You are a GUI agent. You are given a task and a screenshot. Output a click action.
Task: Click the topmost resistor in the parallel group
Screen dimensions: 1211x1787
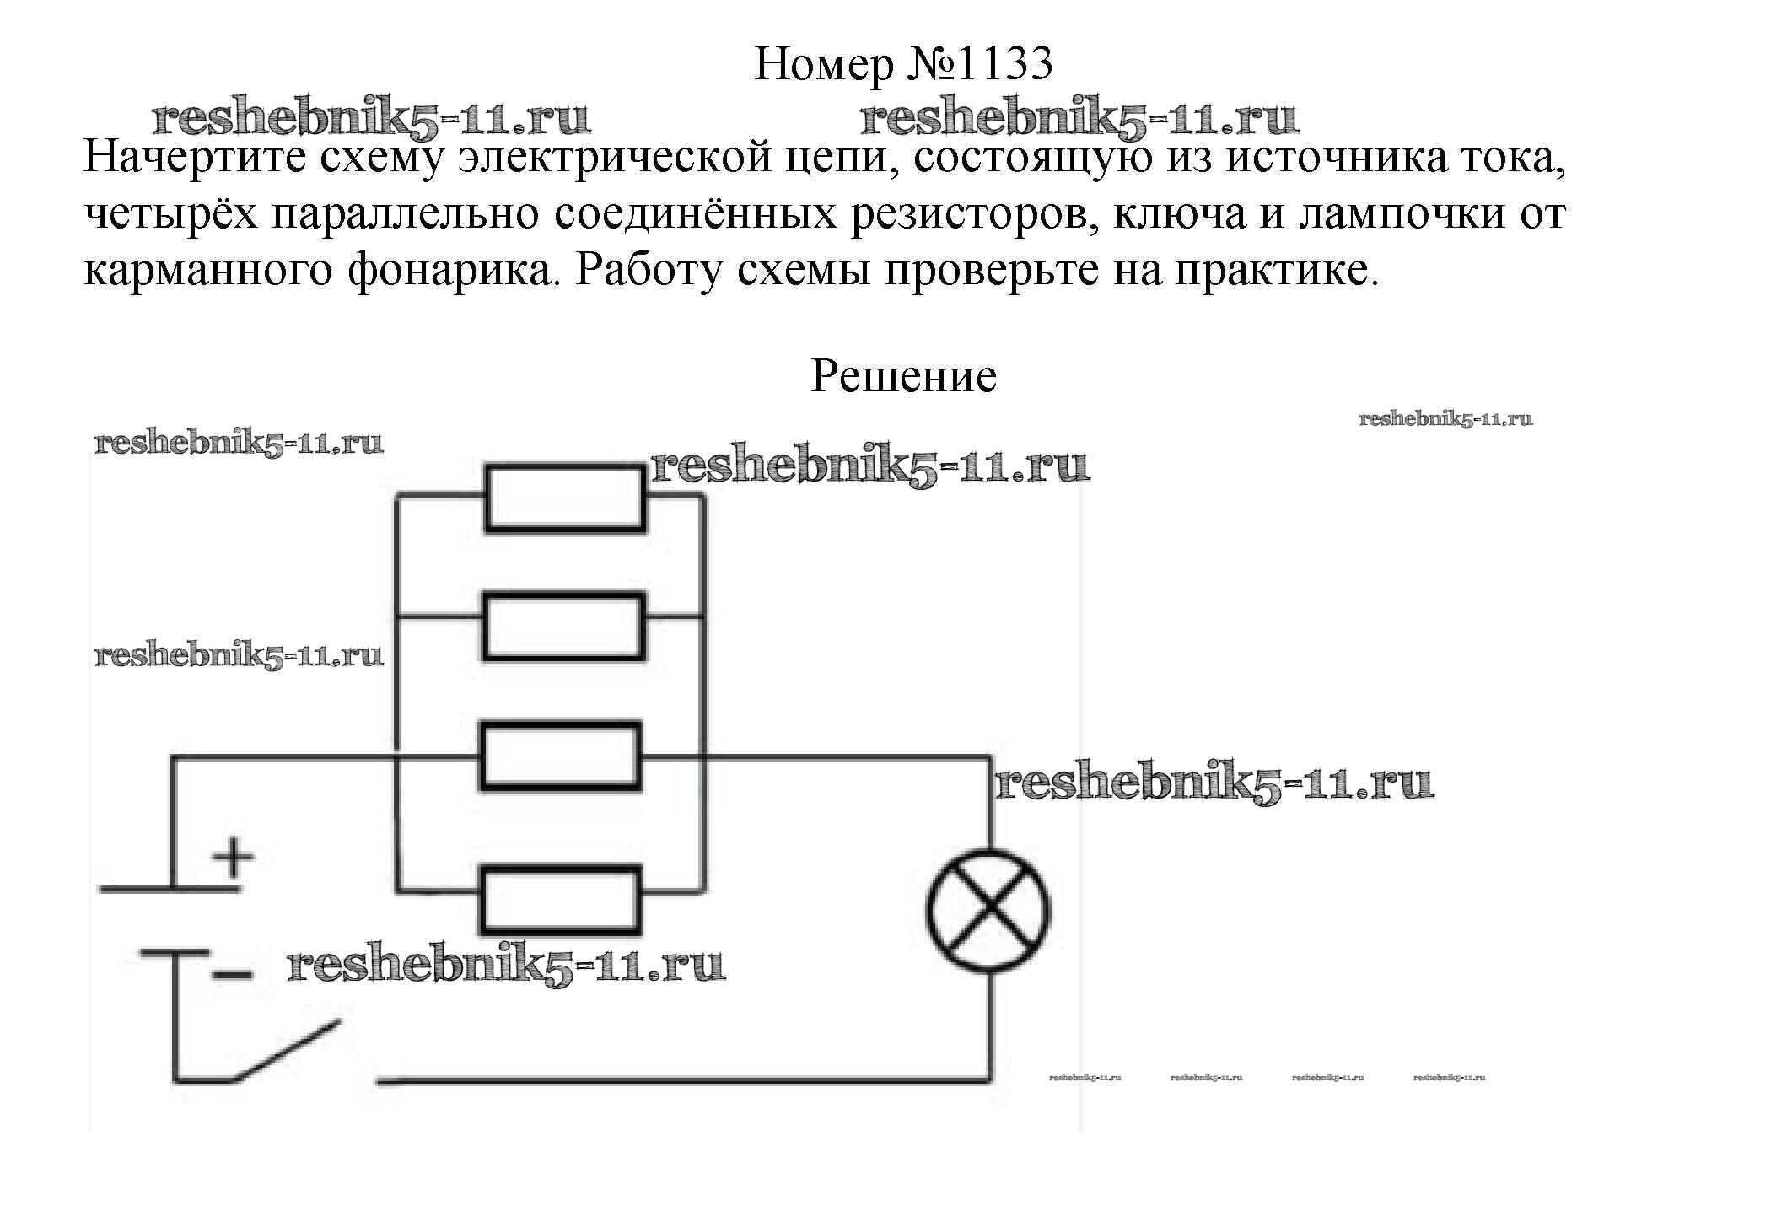click(564, 498)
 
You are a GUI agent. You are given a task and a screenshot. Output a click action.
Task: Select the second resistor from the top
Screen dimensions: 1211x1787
click(563, 627)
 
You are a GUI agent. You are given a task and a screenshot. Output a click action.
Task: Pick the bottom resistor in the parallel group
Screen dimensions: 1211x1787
click(561, 899)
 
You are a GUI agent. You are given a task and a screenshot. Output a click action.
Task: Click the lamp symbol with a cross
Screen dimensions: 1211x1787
click(988, 912)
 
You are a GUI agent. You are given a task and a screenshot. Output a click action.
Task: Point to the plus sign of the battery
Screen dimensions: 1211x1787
click(234, 858)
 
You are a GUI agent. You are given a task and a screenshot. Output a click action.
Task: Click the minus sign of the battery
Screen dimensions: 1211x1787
click(233, 974)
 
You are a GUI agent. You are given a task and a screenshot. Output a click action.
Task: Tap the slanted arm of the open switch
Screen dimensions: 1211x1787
click(288, 1050)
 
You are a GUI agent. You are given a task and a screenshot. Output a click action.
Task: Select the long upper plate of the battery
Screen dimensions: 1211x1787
click(170, 888)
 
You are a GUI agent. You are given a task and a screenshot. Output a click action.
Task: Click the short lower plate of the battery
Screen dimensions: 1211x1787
click(175, 952)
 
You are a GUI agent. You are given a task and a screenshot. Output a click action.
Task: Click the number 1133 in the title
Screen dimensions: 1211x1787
click(1004, 64)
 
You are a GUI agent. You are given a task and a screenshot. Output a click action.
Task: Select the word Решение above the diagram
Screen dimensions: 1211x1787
click(903, 376)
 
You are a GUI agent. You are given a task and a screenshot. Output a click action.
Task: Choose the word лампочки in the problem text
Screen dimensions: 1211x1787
click(1402, 214)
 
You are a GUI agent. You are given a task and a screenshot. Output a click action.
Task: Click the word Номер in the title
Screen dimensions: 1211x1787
click(823, 64)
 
